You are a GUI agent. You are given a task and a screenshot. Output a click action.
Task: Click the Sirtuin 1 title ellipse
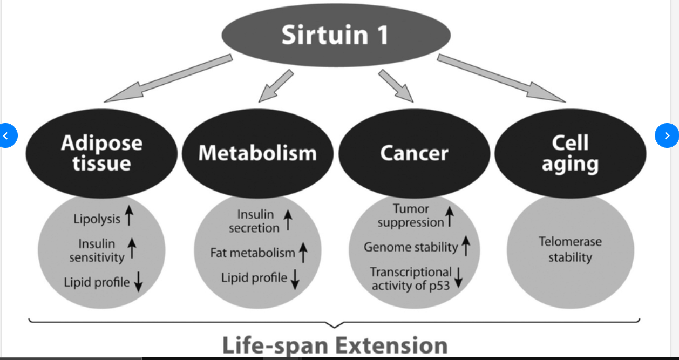coord(336,36)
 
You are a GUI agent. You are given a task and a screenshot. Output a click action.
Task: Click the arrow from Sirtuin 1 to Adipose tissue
coord(167,78)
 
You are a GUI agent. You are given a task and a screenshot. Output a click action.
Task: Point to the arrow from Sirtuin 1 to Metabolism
coord(276,86)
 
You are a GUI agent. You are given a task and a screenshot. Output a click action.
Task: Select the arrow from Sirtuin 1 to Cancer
coord(396,86)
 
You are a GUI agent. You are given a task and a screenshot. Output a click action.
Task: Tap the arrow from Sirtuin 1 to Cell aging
coord(502,78)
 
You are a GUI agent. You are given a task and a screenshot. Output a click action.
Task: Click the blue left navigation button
coord(6,135)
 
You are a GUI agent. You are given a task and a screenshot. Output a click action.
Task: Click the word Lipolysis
coord(97,219)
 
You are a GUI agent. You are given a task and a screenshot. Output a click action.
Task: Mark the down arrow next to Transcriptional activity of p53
coord(459,277)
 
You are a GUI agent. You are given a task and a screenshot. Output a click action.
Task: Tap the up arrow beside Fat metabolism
coord(303,252)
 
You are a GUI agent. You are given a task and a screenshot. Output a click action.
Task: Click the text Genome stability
coord(411,247)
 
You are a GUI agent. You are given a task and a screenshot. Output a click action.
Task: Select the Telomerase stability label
coord(570,249)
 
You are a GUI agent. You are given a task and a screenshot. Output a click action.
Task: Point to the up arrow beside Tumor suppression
coord(449,216)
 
